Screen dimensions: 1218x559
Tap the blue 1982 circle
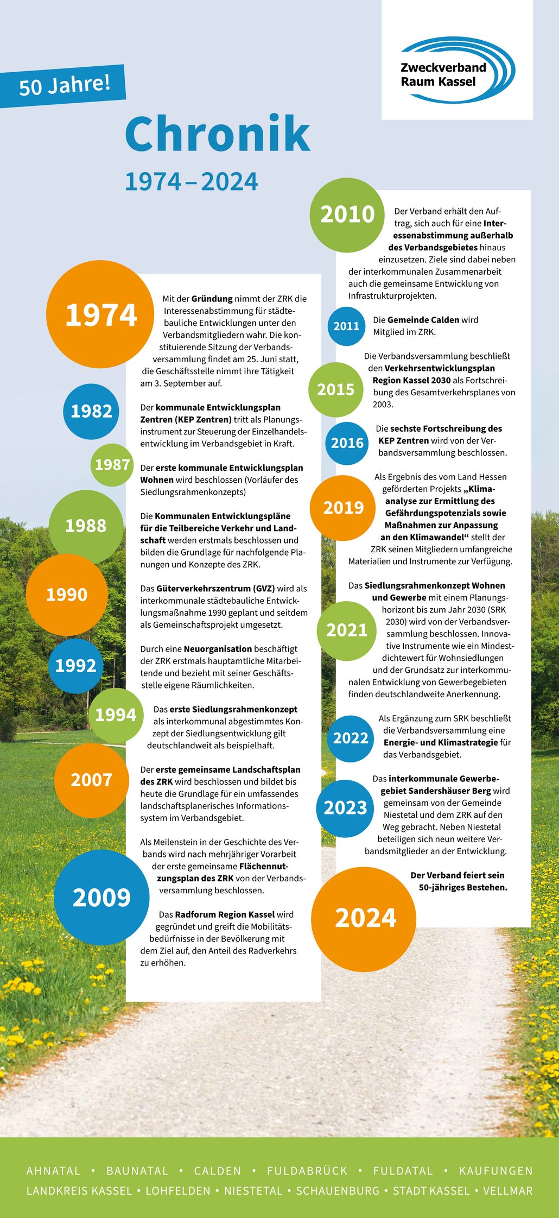pos(91,411)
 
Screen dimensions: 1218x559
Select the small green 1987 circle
pos(112,465)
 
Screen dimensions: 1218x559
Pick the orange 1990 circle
pos(67,595)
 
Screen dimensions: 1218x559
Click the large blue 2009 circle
pos(101,898)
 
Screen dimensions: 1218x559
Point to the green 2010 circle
pos(347,214)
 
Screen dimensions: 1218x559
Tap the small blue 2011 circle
pos(346,326)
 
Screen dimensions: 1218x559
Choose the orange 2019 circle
pos(343,508)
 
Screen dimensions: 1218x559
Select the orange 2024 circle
pos(365,918)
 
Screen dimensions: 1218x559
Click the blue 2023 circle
pos(345,808)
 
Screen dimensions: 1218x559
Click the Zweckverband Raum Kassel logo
pos(457,71)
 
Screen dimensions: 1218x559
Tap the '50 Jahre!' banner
pos(64,85)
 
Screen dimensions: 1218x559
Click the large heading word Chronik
pos(217,134)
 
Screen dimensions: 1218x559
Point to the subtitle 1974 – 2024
pos(191,182)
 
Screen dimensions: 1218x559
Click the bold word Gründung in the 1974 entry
pos(212,299)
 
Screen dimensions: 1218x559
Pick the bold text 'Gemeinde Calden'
pos(423,320)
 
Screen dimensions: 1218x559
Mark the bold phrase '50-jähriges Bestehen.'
pos(463,887)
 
